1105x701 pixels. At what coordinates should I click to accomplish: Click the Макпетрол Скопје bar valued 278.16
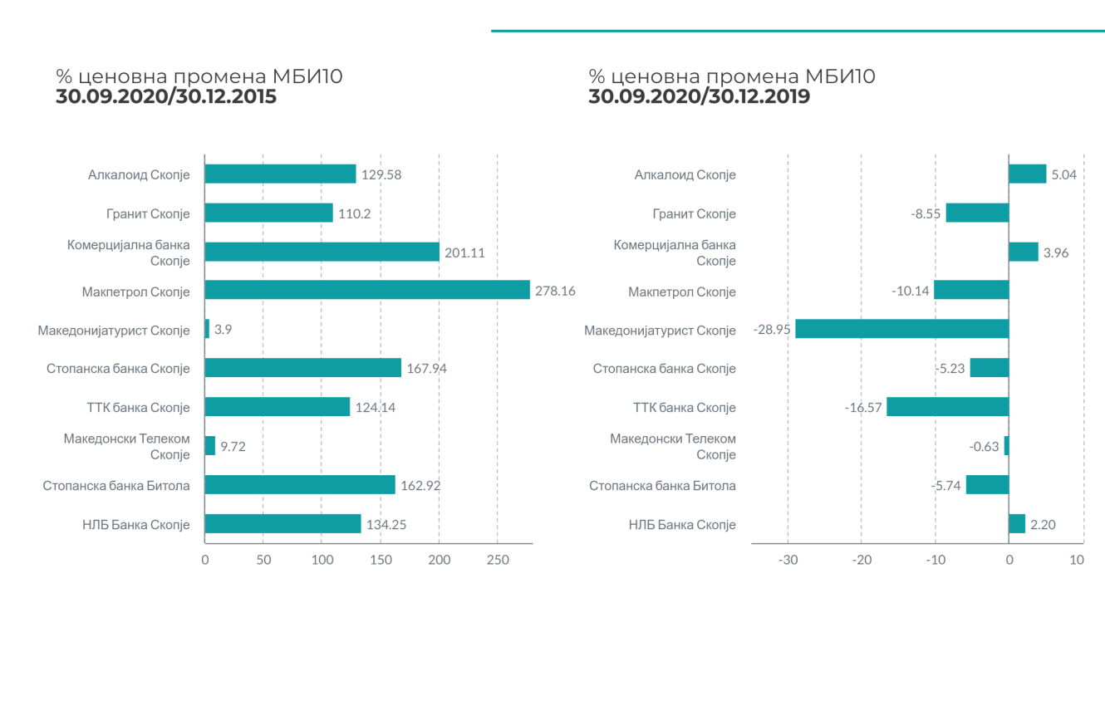click(x=367, y=290)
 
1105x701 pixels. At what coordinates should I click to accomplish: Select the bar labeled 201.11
click(x=322, y=252)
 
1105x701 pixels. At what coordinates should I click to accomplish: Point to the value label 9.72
click(x=233, y=446)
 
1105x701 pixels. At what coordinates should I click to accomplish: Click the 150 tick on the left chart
click(x=381, y=560)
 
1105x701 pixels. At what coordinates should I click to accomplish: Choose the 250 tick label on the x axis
click(x=497, y=560)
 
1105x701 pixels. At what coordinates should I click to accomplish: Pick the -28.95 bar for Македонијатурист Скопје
click(x=901, y=329)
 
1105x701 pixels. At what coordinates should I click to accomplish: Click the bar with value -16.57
click(x=947, y=407)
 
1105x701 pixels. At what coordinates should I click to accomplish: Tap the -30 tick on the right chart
click(x=788, y=560)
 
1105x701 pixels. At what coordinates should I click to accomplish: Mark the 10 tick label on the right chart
click(x=1077, y=560)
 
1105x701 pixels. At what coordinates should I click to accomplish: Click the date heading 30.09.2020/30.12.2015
click(x=166, y=97)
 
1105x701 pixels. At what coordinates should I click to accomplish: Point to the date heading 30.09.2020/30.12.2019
click(x=700, y=97)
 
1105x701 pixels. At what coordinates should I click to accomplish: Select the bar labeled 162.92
click(x=300, y=485)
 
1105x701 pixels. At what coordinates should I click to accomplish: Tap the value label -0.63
click(x=984, y=446)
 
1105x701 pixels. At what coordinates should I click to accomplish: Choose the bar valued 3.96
click(x=1024, y=252)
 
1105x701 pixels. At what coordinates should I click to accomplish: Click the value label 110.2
click(x=355, y=213)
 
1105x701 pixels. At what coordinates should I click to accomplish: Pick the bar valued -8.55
click(x=977, y=213)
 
